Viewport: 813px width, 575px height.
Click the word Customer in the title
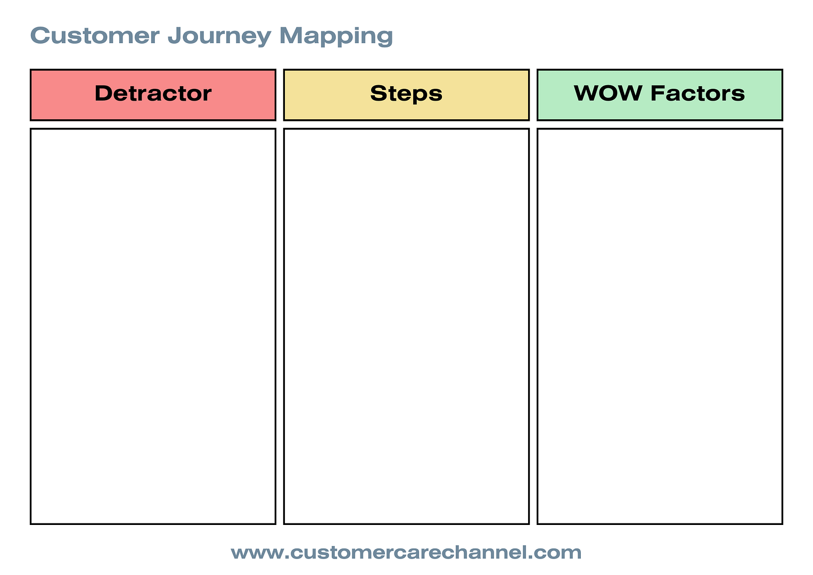95,36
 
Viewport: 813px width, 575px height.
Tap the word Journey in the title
219,37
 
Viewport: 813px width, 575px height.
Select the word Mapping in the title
336,37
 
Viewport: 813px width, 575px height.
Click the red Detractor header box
153,95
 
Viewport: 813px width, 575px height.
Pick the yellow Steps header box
406,95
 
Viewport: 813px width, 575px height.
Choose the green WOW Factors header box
660,95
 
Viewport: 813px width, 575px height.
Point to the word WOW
607,93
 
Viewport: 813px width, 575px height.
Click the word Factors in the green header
697,93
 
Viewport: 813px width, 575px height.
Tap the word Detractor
153,93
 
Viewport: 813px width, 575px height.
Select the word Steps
406,94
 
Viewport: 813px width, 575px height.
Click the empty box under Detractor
153,326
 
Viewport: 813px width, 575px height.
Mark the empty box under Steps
406,326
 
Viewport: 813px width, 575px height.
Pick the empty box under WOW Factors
660,326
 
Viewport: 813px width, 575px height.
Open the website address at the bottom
406,552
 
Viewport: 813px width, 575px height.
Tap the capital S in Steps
379,93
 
